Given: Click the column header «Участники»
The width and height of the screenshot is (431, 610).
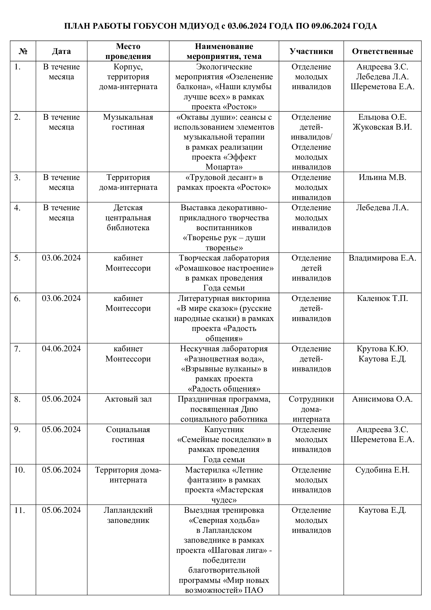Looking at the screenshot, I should (x=311, y=51).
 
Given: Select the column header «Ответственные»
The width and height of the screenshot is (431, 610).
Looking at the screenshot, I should (x=382, y=51).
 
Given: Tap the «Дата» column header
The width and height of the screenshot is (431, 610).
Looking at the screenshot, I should (x=61, y=51).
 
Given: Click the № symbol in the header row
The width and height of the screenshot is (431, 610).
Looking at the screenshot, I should (x=23, y=51).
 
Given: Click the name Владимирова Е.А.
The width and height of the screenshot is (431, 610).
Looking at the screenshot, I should (x=382, y=258).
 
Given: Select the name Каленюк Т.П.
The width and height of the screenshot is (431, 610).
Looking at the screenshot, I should (x=382, y=298).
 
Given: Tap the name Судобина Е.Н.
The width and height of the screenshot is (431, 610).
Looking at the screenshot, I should (x=382, y=470).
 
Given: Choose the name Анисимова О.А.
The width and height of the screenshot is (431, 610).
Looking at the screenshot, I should (x=382, y=399).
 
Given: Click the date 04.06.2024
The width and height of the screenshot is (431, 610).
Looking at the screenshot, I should (x=61, y=349).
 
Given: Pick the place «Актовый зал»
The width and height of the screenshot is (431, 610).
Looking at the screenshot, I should (x=128, y=399).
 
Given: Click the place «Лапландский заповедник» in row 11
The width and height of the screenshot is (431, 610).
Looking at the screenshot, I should (x=128, y=515).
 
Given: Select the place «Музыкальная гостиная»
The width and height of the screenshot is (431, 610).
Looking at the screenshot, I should (x=128, y=122).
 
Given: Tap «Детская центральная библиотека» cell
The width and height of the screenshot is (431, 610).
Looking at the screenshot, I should (x=128, y=218).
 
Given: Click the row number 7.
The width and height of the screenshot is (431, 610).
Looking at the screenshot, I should (x=17, y=349).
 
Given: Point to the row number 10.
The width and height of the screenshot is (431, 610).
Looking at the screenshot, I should (x=20, y=470).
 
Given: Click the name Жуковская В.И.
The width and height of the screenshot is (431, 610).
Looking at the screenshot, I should (x=382, y=127).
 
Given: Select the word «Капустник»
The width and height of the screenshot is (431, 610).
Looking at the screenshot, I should (x=224, y=430).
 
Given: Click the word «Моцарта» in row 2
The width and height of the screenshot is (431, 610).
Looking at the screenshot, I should (x=224, y=167).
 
